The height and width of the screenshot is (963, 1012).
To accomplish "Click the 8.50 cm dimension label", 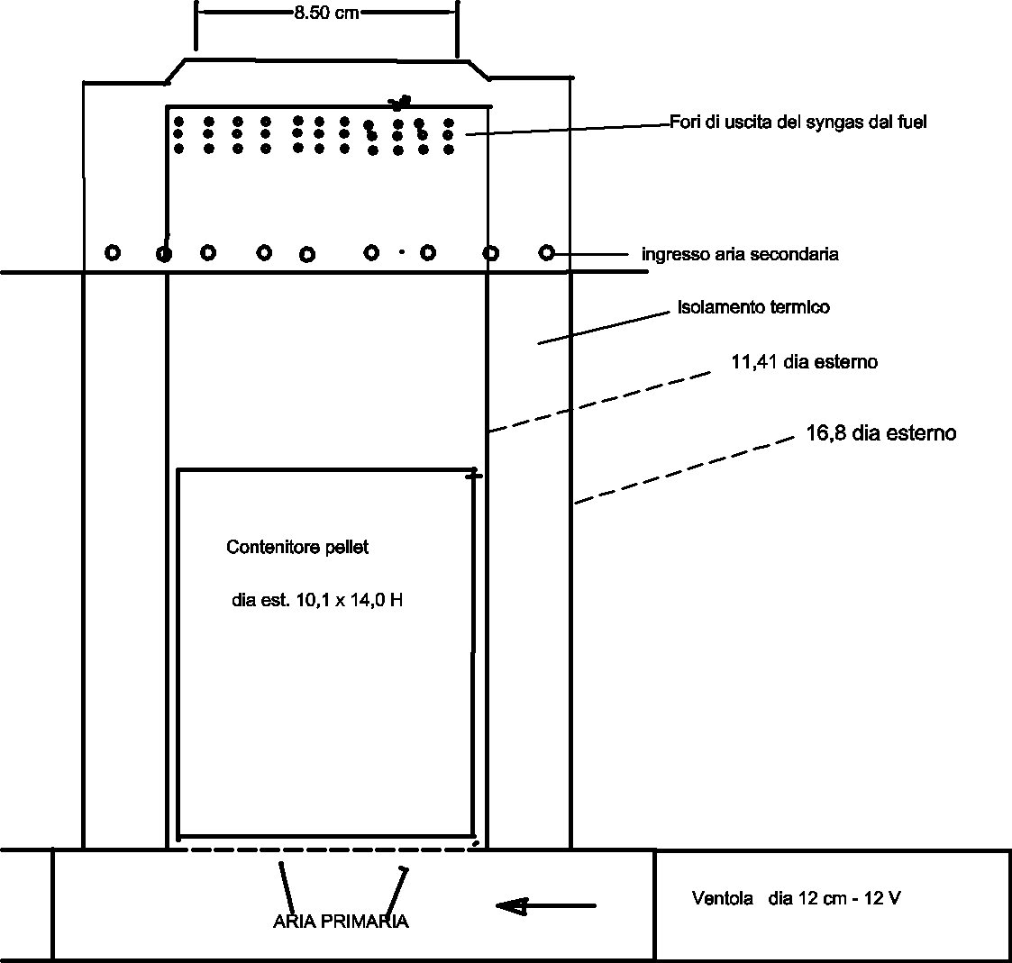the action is (x=326, y=13).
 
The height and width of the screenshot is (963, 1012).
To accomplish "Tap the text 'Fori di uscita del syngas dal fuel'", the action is (x=798, y=122).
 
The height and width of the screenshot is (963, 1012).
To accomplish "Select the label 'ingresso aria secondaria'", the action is (x=740, y=254).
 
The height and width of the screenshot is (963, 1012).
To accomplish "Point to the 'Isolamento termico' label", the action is (x=754, y=307).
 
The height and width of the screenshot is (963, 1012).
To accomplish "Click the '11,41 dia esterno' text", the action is (x=804, y=362).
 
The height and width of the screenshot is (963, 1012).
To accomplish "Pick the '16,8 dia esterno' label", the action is (x=881, y=432).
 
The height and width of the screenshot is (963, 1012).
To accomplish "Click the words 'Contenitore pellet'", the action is (x=297, y=548).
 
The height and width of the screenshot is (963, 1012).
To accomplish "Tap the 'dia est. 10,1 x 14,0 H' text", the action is (x=317, y=601).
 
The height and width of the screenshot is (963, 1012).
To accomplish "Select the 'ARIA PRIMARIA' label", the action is (x=341, y=921).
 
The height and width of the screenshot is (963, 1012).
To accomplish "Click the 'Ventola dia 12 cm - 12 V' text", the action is (x=797, y=898).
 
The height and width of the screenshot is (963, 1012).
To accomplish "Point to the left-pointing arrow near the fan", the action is (x=546, y=906).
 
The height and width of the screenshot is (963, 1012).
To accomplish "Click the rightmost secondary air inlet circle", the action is (x=547, y=253).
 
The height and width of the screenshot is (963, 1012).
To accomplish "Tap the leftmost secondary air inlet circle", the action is (x=113, y=253).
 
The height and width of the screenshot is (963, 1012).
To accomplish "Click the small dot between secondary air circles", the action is (x=401, y=252).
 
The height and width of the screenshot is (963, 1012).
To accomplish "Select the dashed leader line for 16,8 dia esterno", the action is (x=685, y=470).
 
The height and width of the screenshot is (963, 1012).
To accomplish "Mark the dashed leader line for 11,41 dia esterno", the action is (x=599, y=402).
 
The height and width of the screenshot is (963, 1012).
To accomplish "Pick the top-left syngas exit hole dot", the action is (x=178, y=122).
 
